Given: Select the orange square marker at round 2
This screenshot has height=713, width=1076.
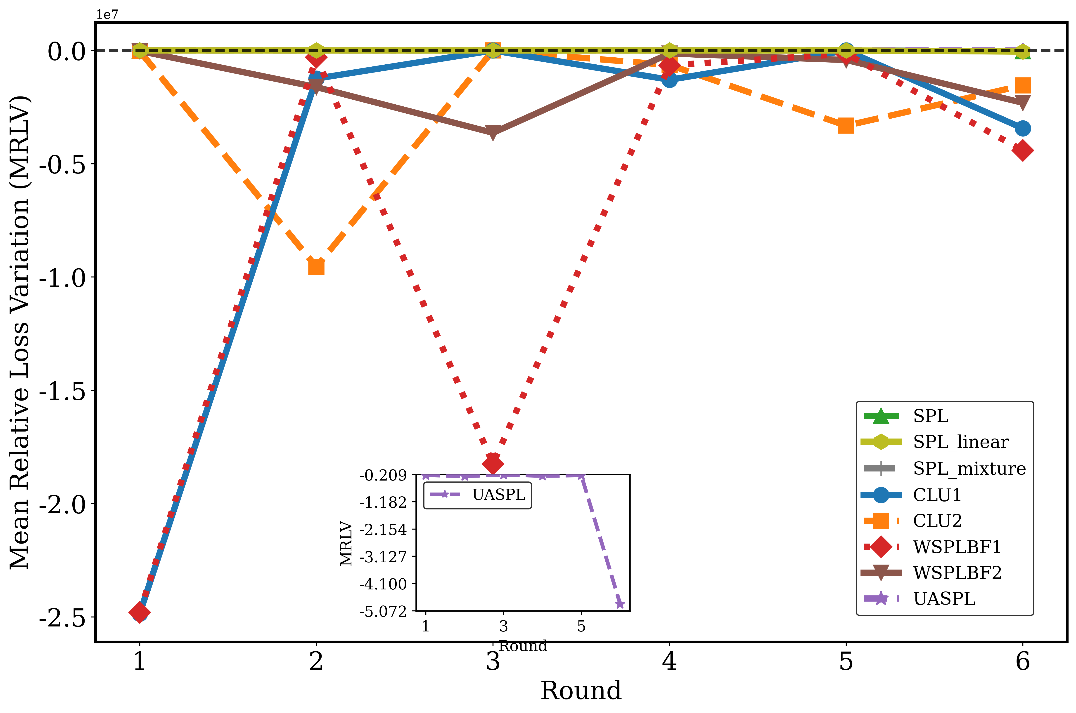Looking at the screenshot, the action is pos(316,266).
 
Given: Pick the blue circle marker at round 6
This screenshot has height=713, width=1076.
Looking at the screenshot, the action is pos(1023,129).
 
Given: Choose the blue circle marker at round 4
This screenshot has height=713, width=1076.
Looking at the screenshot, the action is pos(670,80).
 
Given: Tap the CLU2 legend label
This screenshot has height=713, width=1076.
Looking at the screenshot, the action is pos(938,521).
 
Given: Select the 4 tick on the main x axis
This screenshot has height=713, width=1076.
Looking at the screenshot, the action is pos(670,662).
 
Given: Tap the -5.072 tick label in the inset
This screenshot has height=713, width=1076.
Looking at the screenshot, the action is pos(383,612).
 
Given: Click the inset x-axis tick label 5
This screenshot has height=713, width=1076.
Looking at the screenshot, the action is pos(581,627).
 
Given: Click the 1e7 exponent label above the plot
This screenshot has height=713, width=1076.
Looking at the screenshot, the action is pos(107,14).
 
